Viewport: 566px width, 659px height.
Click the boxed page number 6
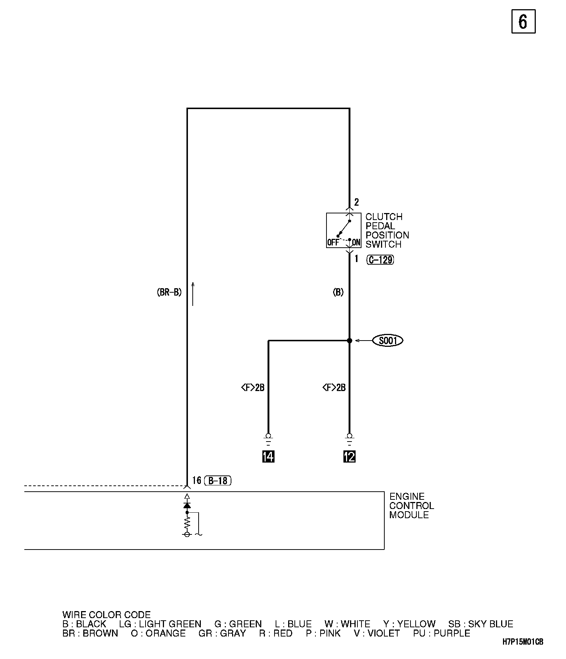coord(523,22)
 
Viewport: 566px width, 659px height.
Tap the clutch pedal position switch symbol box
coord(343,230)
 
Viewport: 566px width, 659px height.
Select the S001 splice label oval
coord(388,341)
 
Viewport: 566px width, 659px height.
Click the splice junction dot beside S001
coord(349,341)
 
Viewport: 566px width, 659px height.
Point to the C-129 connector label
coord(380,260)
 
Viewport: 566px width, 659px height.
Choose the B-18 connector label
coord(218,481)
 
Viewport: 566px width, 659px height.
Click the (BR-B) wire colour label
coord(169,293)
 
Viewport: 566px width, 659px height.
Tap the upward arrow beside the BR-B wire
coord(192,294)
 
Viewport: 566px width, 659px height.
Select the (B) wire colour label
coord(338,293)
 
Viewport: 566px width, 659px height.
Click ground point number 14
coord(268,457)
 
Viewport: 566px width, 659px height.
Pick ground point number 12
coord(349,457)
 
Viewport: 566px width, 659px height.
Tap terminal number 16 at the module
coord(196,480)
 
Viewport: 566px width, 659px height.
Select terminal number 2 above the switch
coord(356,202)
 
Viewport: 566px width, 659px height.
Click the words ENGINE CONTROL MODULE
coord(411,506)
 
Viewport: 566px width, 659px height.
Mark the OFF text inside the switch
coord(333,243)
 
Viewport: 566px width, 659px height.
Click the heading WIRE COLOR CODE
coord(106,615)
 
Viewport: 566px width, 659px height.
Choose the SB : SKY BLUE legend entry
coord(481,624)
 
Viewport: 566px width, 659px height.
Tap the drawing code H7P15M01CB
coord(523,642)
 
